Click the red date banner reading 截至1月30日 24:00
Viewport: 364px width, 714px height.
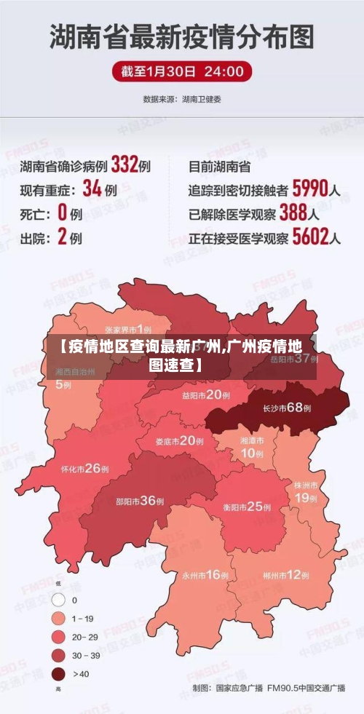pyautogui.click(x=182, y=71)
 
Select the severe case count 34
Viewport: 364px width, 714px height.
pyautogui.click(x=92, y=189)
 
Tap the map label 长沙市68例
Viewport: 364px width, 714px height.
pyautogui.click(x=287, y=408)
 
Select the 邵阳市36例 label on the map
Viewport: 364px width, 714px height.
pyautogui.click(x=139, y=501)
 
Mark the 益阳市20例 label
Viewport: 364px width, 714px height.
pyautogui.click(x=206, y=395)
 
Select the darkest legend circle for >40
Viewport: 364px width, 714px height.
pyautogui.click(x=58, y=673)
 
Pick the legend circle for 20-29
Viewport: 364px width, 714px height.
pyautogui.click(x=58, y=637)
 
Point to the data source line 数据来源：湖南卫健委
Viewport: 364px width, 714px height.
pyautogui.click(x=182, y=98)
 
